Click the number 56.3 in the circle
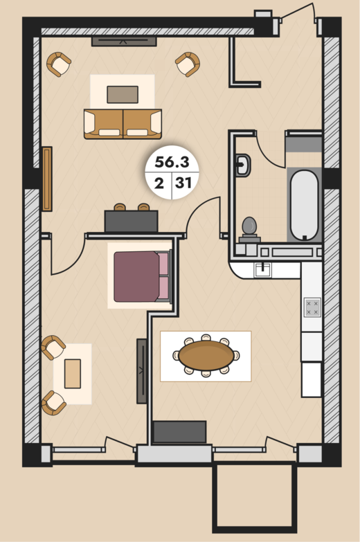(x=172, y=161)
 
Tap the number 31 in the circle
(x=183, y=183)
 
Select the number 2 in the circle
(x=159, y=183)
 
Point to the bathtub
(x=304, y=206)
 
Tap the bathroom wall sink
(x=243, y=165)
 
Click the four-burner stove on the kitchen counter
(x=312, y=307)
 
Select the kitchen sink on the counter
(x=263, y=270)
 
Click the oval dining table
(x=206, y=356)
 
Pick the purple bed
(x=142, y=276)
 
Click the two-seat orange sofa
(x=123, y=124)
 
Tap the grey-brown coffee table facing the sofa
(x=123, y=94)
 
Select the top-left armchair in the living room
(x=59, y=64)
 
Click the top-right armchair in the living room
(x=188, y=64)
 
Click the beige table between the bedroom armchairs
(x=73, y=374)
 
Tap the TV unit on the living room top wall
(x=124, y=41)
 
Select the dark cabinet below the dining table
(x=179, y=432)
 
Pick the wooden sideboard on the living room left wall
(x=47, y=179)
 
